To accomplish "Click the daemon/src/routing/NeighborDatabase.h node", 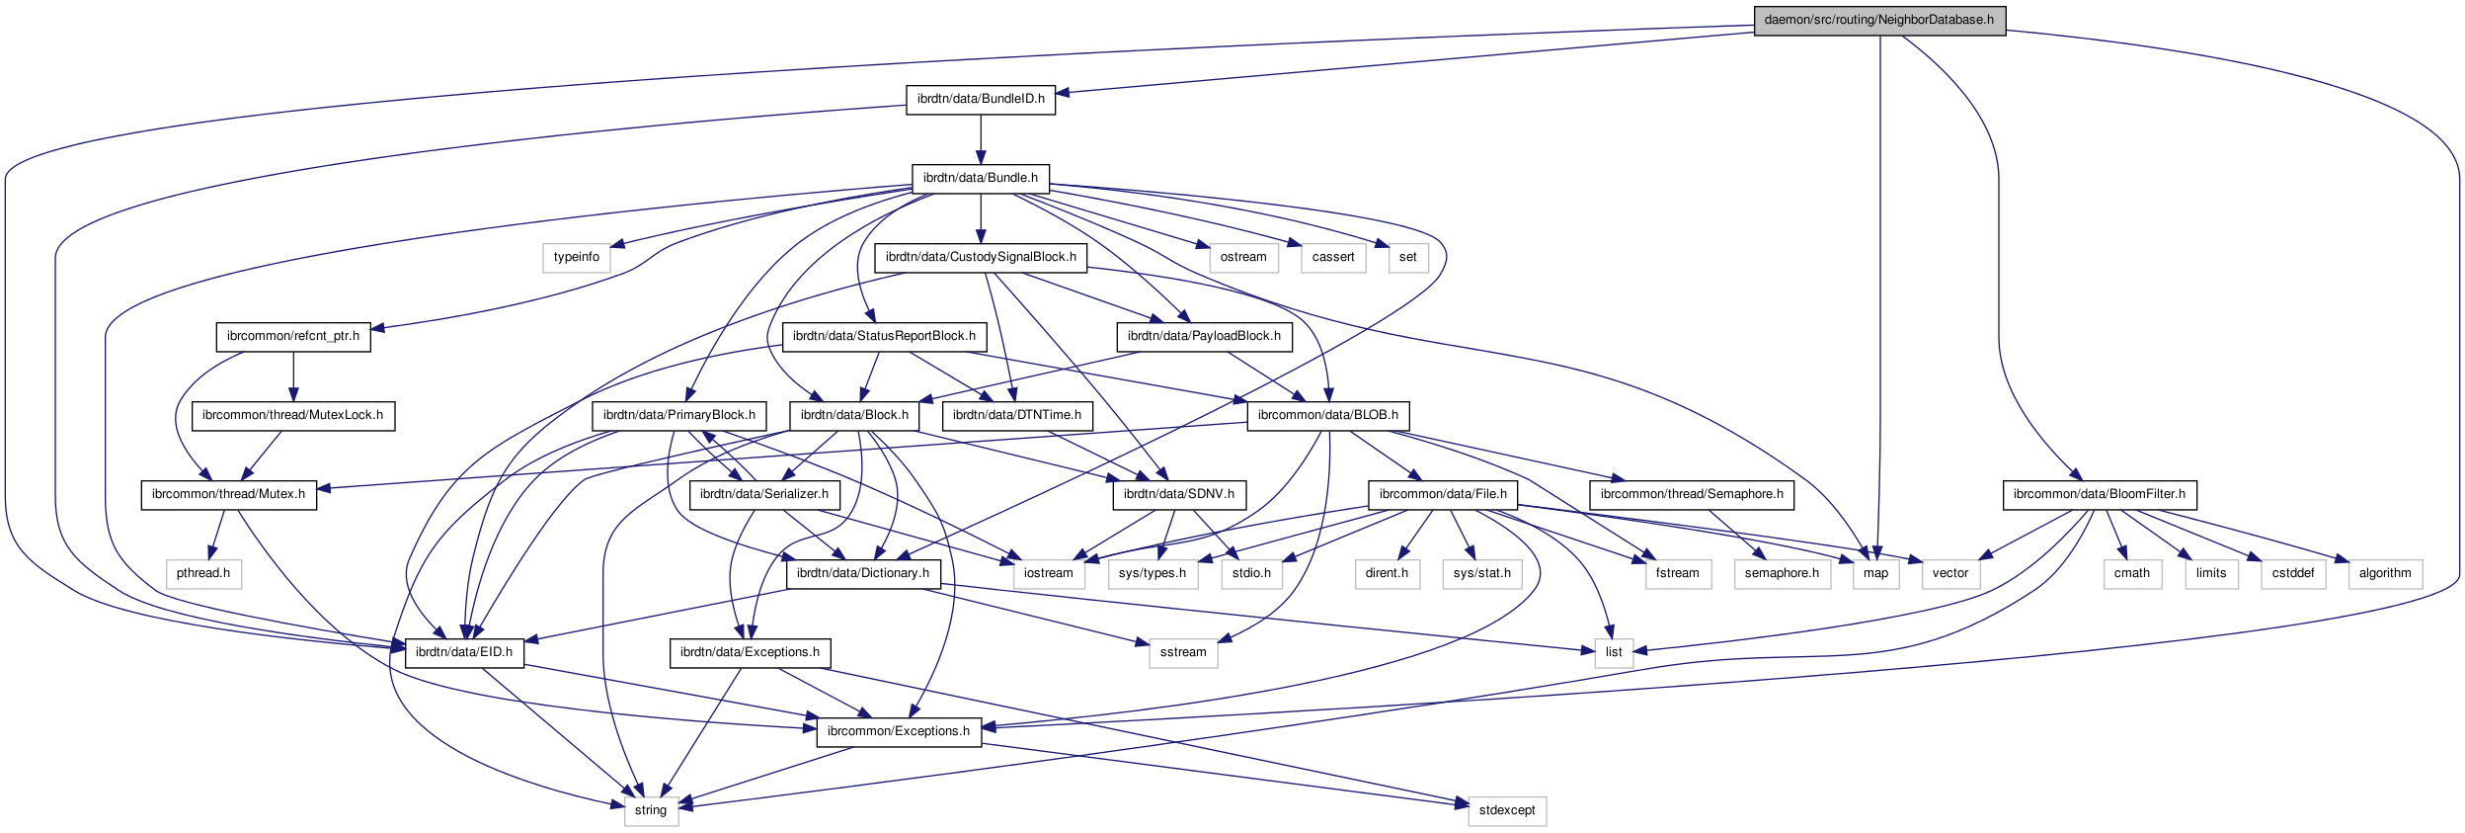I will (x=1878, y=20).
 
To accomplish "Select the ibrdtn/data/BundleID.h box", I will (x=981, y=99).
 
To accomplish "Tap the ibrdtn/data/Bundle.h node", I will (x=980, y=178).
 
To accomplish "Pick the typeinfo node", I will (x=576, y=257).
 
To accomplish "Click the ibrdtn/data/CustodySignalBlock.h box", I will (x=981, y=257).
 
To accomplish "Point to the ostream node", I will (x=1242, y=257).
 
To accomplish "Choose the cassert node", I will (x=1332, y=257).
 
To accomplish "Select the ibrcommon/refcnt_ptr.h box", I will (x=292, y=336).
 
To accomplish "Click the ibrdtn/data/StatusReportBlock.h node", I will (x=884, y=336).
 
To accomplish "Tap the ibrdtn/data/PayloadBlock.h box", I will (x=1204, y=336).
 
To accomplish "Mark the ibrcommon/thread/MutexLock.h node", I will (x=292, y=415).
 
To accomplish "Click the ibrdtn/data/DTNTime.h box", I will (x=1016, y=415).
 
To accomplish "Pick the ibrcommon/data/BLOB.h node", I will (x=1327, y=415).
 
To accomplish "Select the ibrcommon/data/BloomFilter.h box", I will (x=2099, y=494).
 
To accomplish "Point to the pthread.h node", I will (x=202, y=573).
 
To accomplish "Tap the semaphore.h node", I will (x=1781, y=573).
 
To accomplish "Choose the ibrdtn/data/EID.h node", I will (x=463, y=652).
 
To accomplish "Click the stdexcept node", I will (x=1506, y=810).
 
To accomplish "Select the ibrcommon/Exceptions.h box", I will (x=898, y=731).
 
